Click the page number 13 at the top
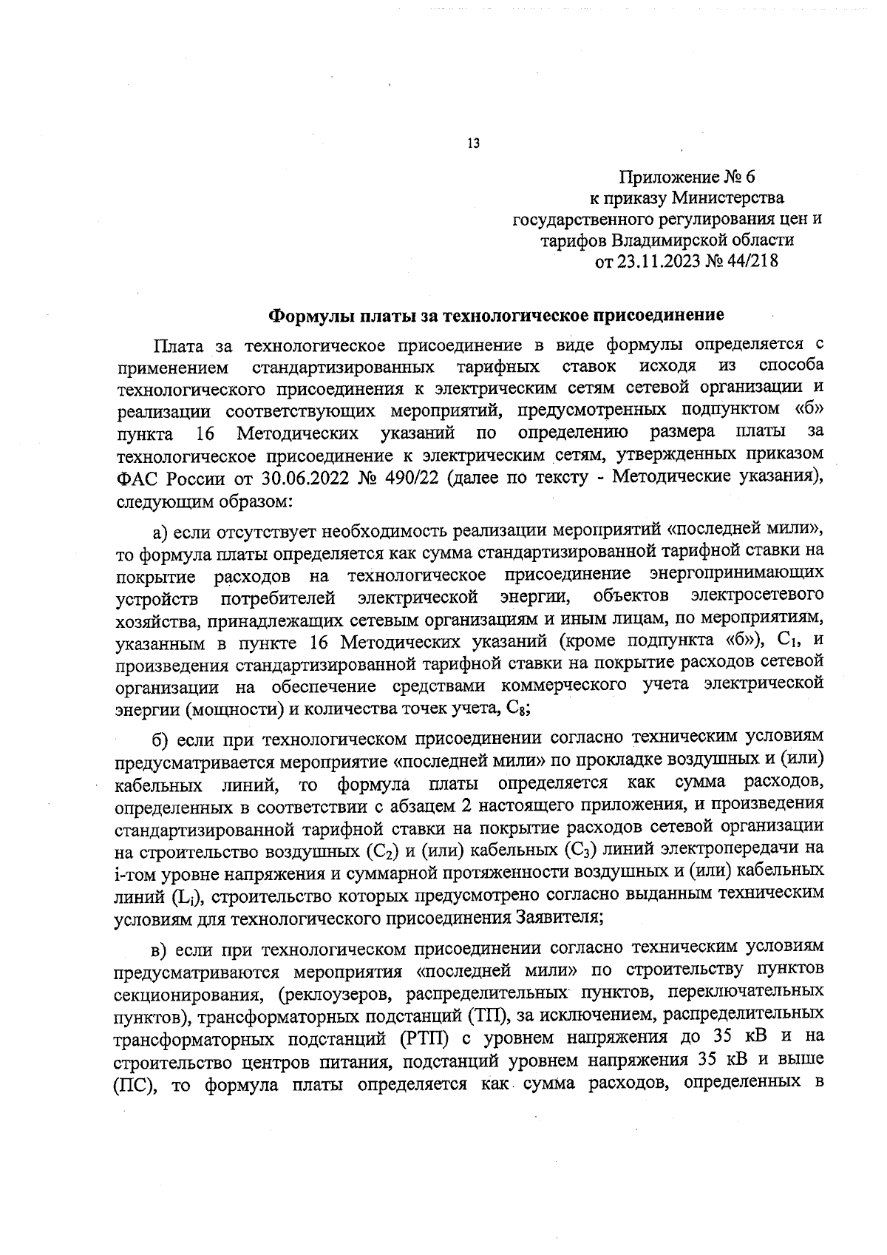click(474, 143)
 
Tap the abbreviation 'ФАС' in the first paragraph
click(138, 478)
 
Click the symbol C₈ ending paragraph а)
click(516, 708)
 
